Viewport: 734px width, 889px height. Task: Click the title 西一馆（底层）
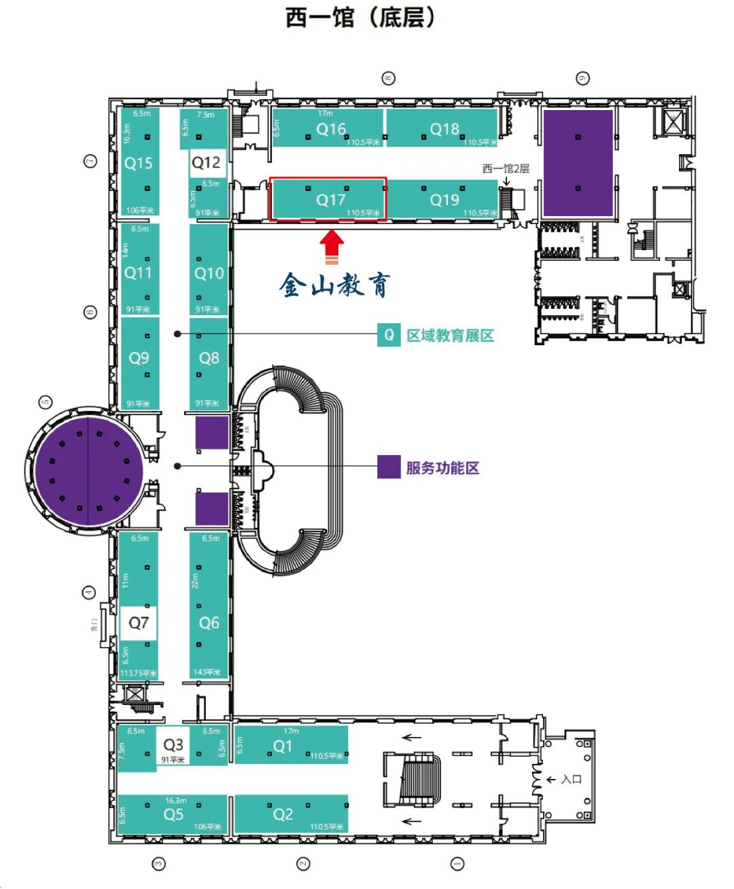pos(360,18)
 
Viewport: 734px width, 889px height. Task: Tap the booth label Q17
pos(330,200)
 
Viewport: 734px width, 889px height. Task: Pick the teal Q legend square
pos(389,335)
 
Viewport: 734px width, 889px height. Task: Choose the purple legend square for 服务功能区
pos(389,467)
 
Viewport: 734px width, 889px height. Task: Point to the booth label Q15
pos(138,163)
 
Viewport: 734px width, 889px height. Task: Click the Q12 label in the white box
pos(206,162)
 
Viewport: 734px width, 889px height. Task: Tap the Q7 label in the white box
pos(139,623)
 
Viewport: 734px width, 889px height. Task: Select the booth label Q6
pos(209,623)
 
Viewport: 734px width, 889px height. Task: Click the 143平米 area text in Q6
pos(207,672)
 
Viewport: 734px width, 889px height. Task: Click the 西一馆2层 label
pos(505,168)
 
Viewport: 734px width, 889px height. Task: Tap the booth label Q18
pos(444,129)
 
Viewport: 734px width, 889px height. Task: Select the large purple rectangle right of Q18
pos(578,163)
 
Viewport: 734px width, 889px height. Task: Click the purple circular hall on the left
pos(88,471)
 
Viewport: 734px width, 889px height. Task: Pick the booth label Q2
pos(283,814)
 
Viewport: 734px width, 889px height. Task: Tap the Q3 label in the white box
pos(173,745)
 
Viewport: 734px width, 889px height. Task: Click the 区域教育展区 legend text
pos(450,335)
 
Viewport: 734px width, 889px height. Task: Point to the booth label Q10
pos(209,273)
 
